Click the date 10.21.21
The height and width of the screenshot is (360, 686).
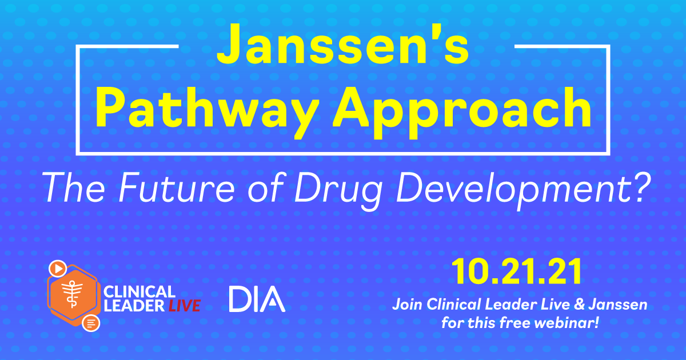(518, 274)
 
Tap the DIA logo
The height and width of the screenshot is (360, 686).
(257, 299)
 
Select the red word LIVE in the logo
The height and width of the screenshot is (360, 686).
(184, 306)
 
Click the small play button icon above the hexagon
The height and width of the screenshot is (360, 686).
(57, 267)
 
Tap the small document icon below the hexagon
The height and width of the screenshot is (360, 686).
(90, 323)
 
